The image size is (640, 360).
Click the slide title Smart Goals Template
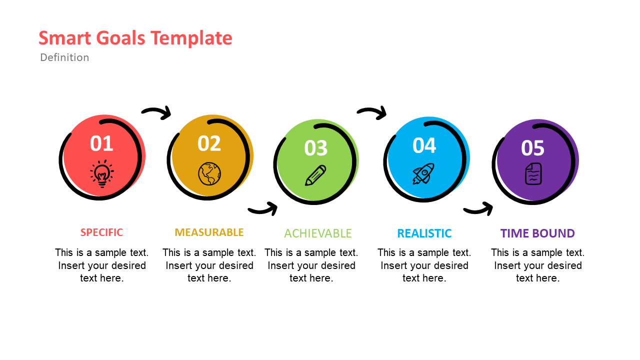tap(135, 38)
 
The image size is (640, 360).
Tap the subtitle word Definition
tap(64, 57)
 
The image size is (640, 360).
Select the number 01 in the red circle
tap(101, 144)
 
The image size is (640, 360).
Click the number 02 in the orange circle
tap(209, 144)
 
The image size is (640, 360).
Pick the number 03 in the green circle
tap(316, 148)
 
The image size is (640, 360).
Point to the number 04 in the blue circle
tap(424, 145)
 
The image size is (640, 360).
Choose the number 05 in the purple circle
tap(532, 148)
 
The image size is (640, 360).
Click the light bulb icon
tap(102, 173)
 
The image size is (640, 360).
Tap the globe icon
tap(209, 173)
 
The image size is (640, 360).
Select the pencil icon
tap(315, 175)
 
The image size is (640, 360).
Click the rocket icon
tap(423, 173)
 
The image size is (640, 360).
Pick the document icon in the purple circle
tap(533, 173)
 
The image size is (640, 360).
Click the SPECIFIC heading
tap(101, 232)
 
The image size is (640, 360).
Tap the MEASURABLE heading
tap(209, 232)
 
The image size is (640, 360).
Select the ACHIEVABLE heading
tap(318, 233)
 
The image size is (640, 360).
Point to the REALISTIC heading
tap(424, 233)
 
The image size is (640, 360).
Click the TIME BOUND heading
tap(537, 233)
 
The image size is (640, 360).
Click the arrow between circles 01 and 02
tap(157, 113)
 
